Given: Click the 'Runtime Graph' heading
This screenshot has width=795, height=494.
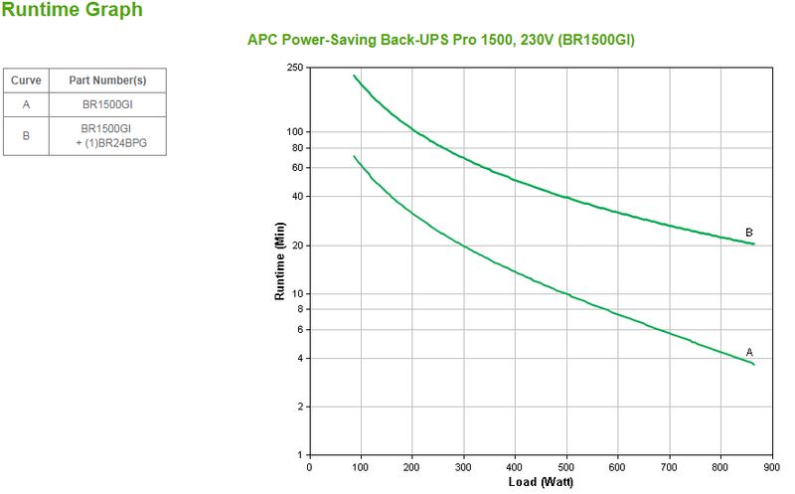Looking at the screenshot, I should (x=72, y=11).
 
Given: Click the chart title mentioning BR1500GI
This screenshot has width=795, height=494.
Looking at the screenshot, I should (x=440, y=40).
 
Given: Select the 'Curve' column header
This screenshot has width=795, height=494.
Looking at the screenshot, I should (x=26, y=81).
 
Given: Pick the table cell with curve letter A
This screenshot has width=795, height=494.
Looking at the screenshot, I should (x=26, y=104).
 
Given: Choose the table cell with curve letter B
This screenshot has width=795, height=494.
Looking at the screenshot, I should (x=26, y=136).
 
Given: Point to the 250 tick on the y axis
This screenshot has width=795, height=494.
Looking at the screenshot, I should (x=293, y=68).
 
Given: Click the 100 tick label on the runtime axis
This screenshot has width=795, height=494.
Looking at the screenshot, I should (x=293, y=132).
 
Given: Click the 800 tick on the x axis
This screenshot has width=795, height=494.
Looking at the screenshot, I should (x=720, y=466).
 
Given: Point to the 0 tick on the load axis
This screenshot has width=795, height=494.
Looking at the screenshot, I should (x=309, y=466).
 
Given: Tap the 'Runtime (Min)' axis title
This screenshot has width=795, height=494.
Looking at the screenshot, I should (x=279, y=262).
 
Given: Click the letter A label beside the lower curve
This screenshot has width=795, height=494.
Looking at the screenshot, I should (x=749, y=352).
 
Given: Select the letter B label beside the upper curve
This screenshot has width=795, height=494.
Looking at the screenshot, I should (x=749, y=233).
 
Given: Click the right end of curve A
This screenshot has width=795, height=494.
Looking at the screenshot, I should (x=754, y=365).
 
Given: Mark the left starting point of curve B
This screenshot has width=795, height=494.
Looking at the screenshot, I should (x=354, y=76).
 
